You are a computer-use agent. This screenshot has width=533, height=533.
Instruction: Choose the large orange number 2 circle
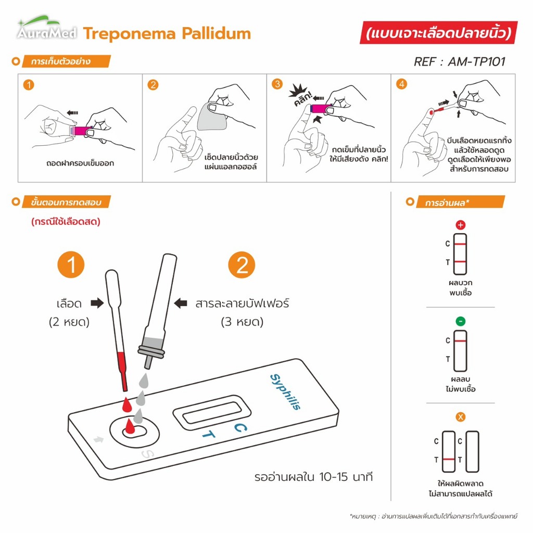coord(242,265)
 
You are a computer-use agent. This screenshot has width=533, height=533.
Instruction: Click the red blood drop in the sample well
coord(129,429)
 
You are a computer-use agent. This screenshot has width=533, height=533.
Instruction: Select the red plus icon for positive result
coord(460,226)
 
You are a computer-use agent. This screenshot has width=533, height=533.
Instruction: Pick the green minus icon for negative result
coord(460,321)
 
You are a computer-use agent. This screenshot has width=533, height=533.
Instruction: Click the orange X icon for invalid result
coord(460,417)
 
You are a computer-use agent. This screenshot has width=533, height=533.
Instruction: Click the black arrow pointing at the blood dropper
coord(97,303)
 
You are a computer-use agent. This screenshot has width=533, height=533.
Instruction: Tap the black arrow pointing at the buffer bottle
coord(180,303)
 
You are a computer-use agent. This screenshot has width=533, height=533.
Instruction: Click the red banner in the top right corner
coord(439,33)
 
